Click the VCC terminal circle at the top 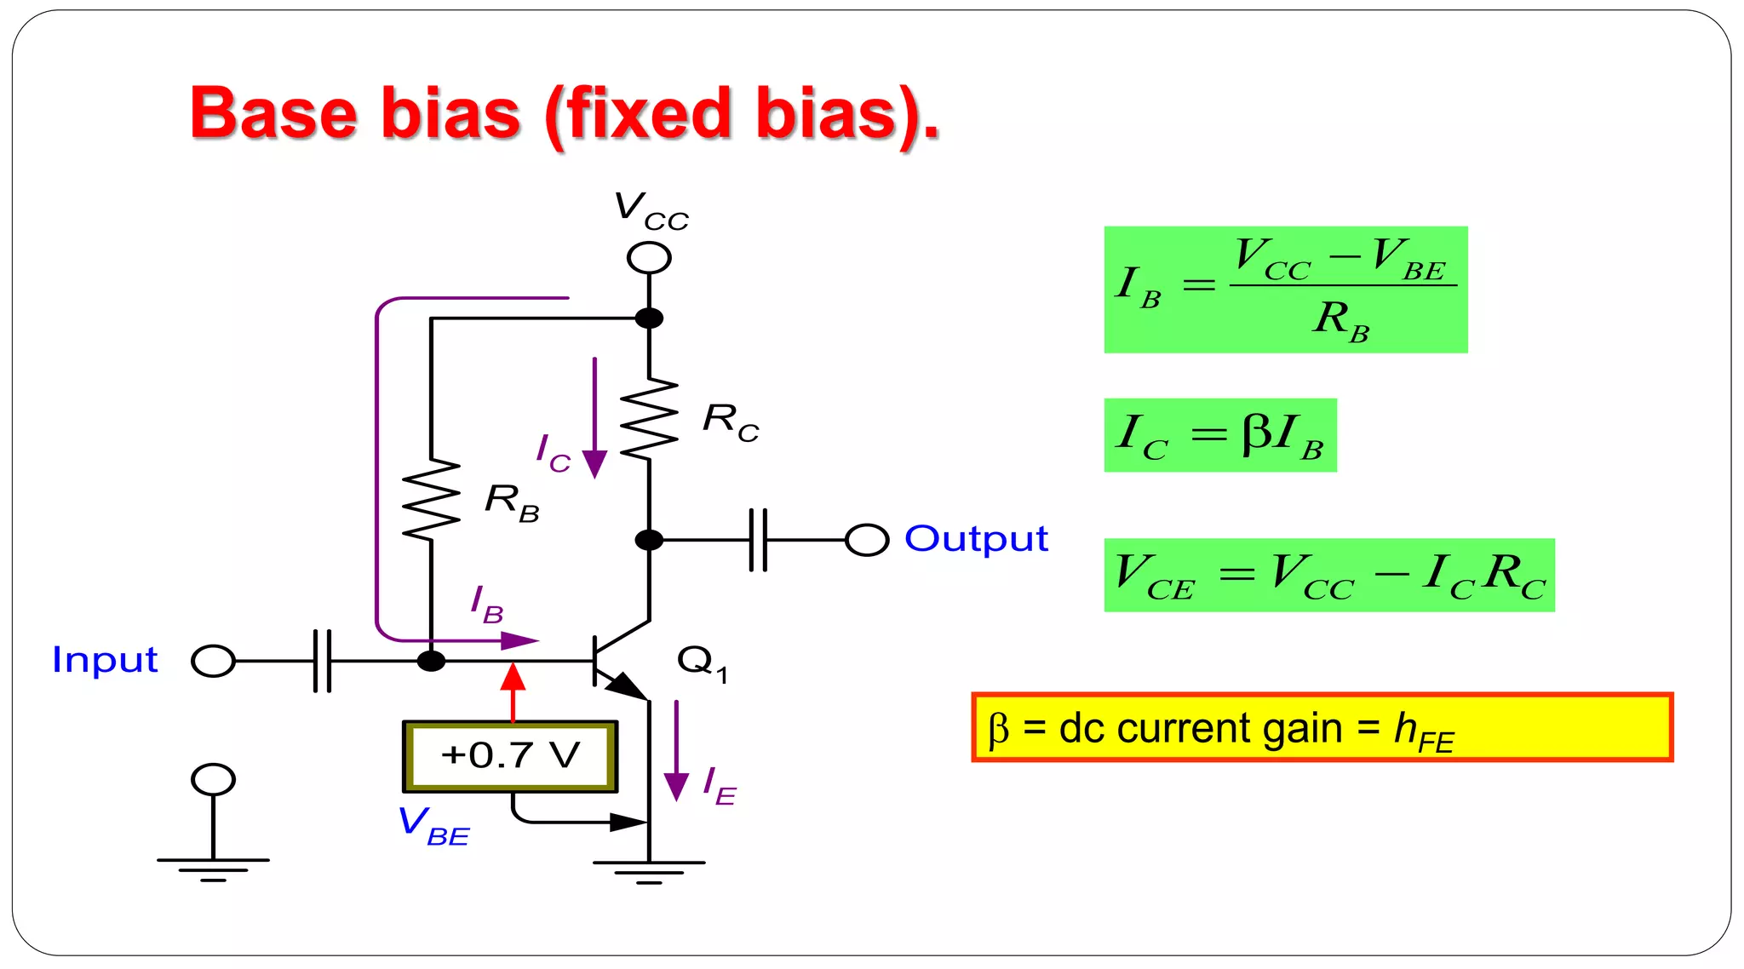649,257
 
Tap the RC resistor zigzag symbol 649,420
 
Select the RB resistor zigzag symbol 431,500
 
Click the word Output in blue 976,539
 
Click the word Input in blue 105,660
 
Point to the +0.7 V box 510,756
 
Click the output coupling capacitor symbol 758,540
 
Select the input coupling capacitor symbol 322,661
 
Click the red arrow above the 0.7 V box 513,690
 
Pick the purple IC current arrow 594,417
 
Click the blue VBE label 433,825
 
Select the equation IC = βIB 1219,435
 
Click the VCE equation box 1328,575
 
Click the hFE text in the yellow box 1423,732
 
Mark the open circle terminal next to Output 867,540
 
